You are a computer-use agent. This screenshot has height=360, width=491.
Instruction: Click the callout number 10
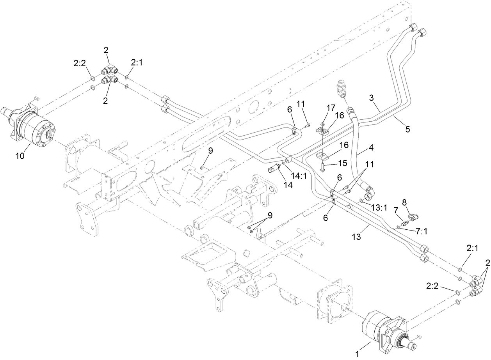tap(20, 156)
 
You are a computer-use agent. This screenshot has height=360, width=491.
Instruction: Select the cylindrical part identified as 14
tap(275, 169)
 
